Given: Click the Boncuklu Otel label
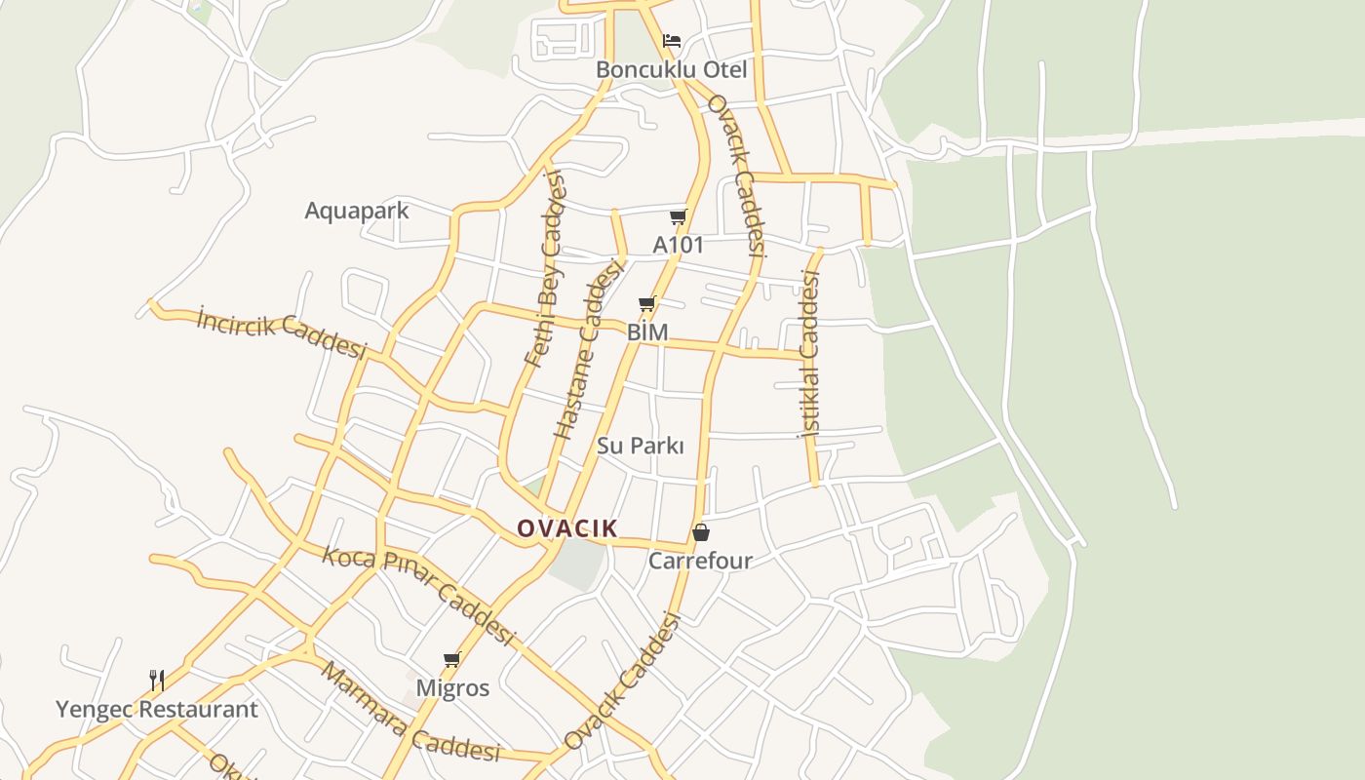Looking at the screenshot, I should click(x=671, y=70).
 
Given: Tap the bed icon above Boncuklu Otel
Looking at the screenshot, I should click(x=672, y=41).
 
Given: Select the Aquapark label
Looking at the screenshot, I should click(x=356, y=211).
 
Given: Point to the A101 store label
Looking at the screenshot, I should click(x=678, y=245).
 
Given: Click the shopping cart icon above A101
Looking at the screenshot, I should click(x=679, y=216).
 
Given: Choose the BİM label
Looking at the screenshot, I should click(x=647, y=332).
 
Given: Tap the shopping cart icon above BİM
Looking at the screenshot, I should click(x=646, y=304).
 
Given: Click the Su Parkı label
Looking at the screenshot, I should click(x=640, y=446).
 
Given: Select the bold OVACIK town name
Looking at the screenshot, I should click(x=566, y=528).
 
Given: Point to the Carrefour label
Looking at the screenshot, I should click(x=700, y=561).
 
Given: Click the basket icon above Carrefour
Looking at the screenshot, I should click(x=700, y=532).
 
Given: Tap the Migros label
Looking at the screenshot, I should click(x=452, y=688).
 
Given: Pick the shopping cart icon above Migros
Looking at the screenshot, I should click(x=451, y=660).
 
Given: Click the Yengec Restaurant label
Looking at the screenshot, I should click(x=156, y=709).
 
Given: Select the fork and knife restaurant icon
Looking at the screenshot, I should click(x=156, y=679).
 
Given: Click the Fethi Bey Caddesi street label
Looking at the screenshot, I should click(x=544, y=269).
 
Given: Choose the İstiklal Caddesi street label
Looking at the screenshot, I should click(x=809, y=353).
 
